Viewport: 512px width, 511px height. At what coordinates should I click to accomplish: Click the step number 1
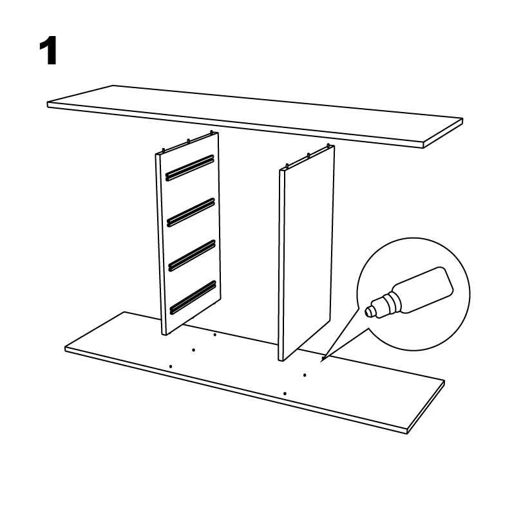[x=48, y=51]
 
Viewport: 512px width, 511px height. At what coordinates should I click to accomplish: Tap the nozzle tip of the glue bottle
[x=368, y=311]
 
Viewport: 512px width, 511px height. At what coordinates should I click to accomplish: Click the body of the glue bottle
[x=423, y=290]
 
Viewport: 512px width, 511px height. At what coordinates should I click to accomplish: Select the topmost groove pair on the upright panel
[x=190, y=168]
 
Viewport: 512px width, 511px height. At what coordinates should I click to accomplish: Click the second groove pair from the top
[x=191, y=212]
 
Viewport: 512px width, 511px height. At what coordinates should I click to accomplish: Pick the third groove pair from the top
[x=192, y=256]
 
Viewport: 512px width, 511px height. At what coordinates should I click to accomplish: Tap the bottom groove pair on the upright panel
[x=193, y=297]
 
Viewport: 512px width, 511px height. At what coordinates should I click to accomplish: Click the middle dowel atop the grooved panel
[x=188, y=141]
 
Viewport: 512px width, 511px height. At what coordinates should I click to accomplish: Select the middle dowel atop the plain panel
[x=308, y=155]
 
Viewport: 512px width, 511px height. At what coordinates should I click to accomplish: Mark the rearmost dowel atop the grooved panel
[x=212, y=133]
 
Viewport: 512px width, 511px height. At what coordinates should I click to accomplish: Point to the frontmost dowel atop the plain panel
[x=287, y=166]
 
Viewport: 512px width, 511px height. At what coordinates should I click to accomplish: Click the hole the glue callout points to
[x=323, y=358]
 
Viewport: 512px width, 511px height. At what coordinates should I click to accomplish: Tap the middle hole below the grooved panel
[x=194, y=350]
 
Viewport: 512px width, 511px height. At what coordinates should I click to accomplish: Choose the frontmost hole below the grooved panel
[x=171, y=366]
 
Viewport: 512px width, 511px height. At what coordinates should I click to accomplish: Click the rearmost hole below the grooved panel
[x=214, y=335]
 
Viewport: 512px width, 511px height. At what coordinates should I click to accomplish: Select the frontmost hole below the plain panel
[x=285, y=393]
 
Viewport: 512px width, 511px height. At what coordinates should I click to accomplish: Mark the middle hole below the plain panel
[x=305, y=375]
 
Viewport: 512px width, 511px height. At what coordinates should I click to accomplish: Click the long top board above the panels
[x=254, y=116]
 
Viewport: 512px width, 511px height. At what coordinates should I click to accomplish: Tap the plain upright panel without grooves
[x=307, y=253]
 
